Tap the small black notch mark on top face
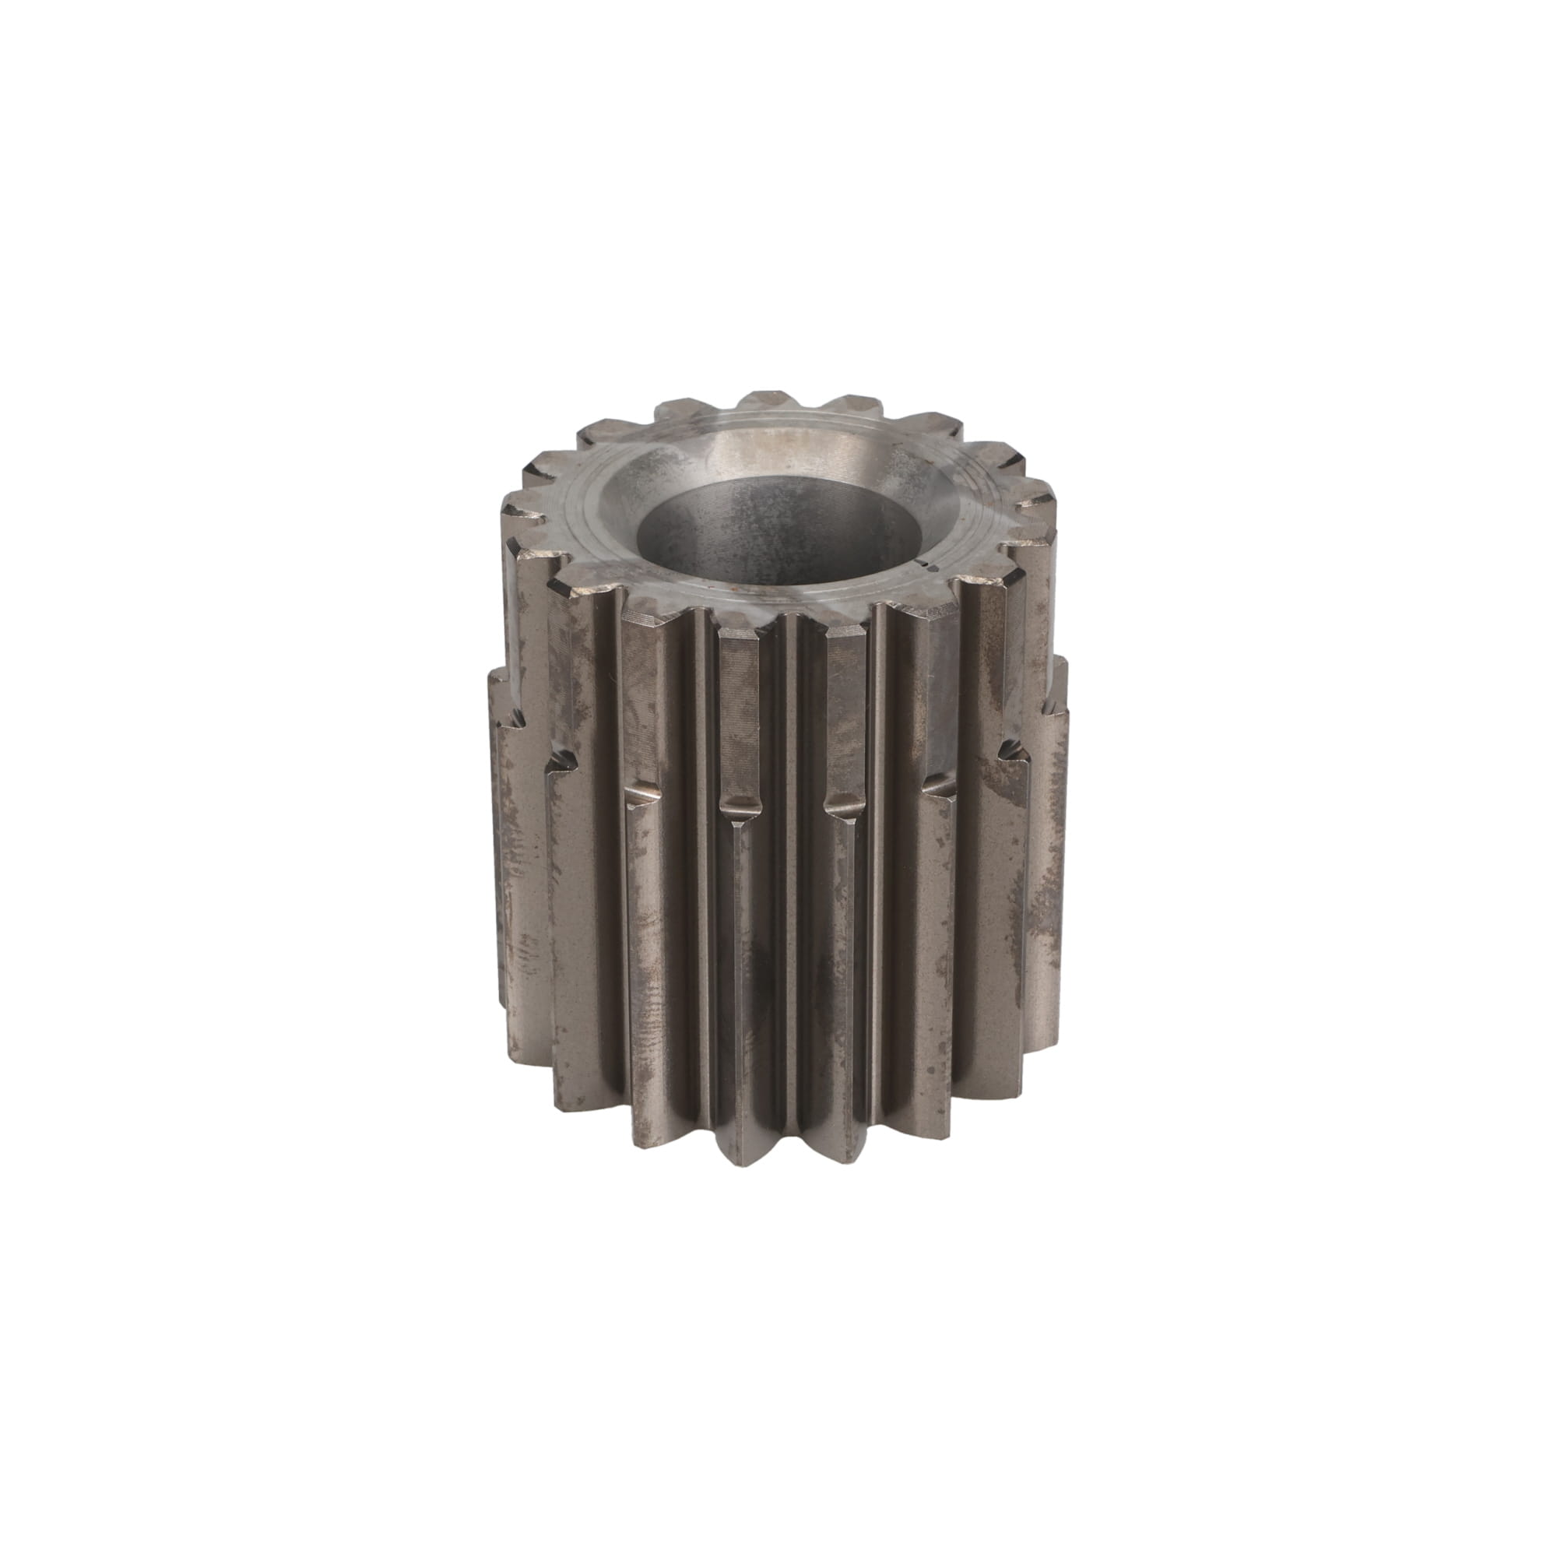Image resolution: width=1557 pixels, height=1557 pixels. click(930, 567)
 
